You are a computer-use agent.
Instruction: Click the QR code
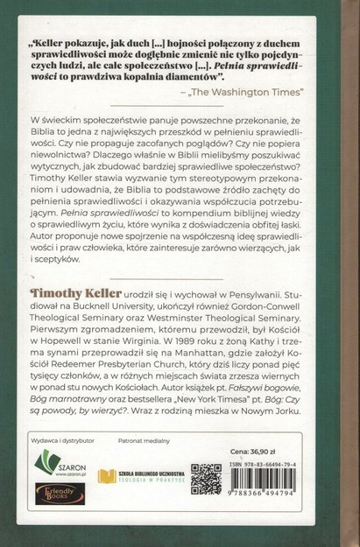[206, 479]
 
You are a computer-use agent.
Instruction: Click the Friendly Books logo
[60, 494]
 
